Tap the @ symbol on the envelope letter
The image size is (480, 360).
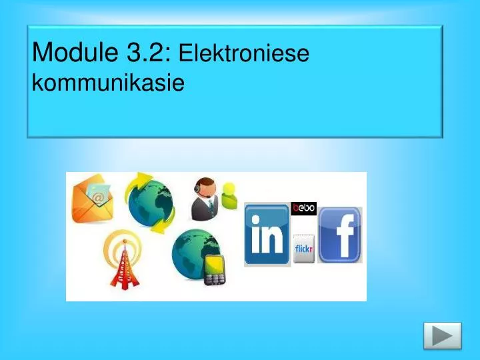click(x=98, y=197)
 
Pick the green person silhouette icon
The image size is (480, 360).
click(x=231, y=196)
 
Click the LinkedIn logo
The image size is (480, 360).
click(x=267, y=235)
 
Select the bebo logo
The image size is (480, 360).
click(x=304, y=209)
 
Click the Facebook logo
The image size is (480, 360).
click(x=339, y=235)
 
